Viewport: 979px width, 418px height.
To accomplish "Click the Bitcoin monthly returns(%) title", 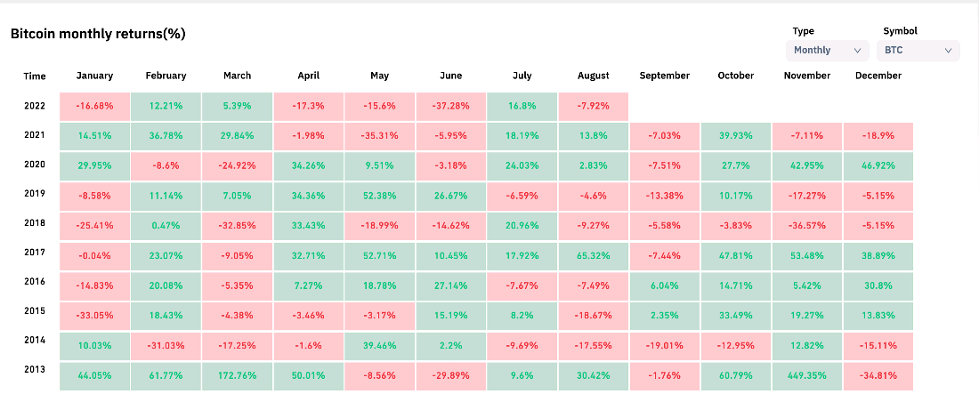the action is tap(98, 34).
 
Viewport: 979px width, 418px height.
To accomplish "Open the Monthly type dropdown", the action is tap(828, 50).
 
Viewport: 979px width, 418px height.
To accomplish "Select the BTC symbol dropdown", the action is tap(918, 50).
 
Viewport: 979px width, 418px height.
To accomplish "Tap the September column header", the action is tap(664, 76).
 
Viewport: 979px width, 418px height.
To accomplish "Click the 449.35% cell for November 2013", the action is tap(806, 375).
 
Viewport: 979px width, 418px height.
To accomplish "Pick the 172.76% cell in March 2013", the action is tap(237, 375).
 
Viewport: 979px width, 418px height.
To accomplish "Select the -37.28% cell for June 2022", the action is tap(451, 106).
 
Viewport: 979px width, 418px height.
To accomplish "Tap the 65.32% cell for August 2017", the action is tap(593, 256).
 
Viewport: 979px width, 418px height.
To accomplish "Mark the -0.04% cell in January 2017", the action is tap(95, 256).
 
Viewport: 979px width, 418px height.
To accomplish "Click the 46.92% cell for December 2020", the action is tap(878, 166).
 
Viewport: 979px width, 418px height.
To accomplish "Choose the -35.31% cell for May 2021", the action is tap(380, 136).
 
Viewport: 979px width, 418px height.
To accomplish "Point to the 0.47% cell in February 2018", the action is tap(166, 226).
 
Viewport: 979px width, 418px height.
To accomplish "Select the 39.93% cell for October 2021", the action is tap(735, 136).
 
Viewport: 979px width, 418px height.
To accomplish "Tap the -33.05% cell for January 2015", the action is tap(95, 316).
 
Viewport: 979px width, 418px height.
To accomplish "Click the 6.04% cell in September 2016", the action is tap(664, 285).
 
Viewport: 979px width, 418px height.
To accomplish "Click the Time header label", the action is tap(35, 76).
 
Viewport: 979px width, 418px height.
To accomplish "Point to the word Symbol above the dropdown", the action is tap(901, 30).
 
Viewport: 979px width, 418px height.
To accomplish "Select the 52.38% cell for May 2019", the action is tap(380, 196).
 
